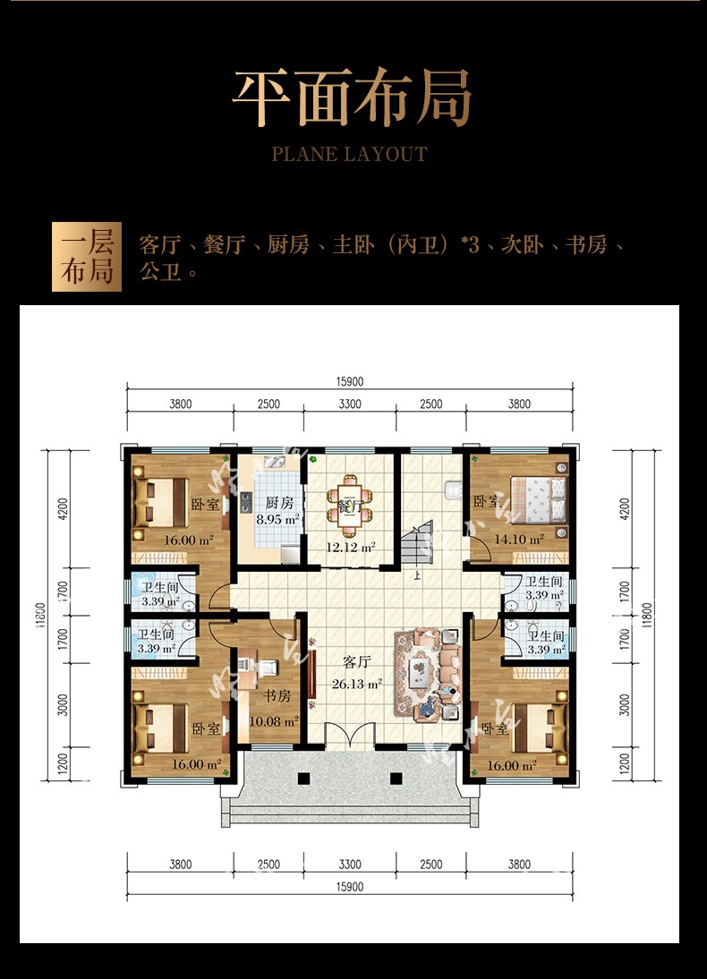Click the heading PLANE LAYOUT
(350, 154)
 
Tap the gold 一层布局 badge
(87, 257)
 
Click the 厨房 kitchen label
(279, 503)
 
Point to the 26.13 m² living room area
(356, 685)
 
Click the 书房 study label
(277, 695)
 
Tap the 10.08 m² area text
(274, 722)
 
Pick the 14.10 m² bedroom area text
(519, 539)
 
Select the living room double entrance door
(351, 734)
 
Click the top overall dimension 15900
(350, 381)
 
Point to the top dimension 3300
(350, 404)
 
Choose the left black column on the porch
(303, 778)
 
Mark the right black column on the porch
(396, 778)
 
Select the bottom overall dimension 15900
(350, 887)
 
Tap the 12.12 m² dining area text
(351, 548)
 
